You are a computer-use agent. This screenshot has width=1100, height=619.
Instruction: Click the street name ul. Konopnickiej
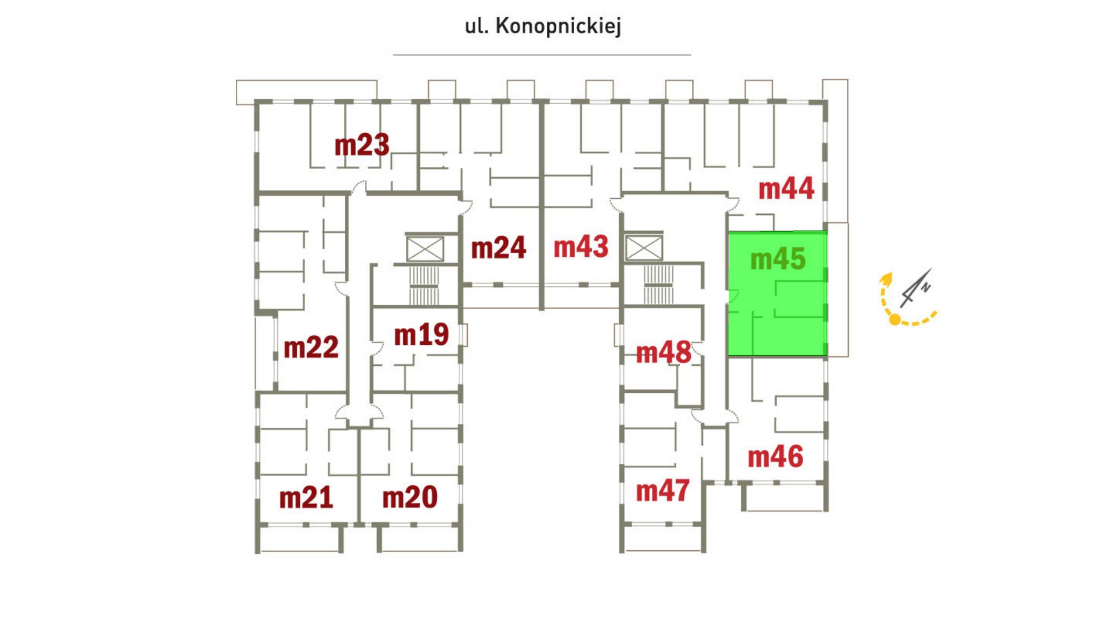point(542,26)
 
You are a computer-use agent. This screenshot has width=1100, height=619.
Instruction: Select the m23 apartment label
point(361,145)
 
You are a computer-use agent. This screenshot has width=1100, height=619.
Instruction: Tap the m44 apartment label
point(786,189)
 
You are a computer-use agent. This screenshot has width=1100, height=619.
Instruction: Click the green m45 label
point(778,260)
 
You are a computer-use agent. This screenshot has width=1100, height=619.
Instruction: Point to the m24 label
point(498,248)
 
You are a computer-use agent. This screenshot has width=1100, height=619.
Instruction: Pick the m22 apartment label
point(311,348)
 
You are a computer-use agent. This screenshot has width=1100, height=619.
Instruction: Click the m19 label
point(421,335)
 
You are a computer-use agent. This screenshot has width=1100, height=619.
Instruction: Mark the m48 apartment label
point(663,353)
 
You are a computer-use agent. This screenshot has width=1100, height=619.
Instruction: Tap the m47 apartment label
point(662,491)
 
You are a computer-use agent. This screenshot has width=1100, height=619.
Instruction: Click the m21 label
point(306,498)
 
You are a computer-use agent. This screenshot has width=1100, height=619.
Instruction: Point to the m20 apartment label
point(409,498)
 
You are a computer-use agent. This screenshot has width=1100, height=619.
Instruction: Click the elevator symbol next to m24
point(425,249)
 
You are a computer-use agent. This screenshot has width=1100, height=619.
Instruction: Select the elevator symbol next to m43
point(644,249)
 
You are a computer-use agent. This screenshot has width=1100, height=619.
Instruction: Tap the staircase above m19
point(424,286)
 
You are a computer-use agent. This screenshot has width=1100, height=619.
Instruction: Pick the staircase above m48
point(658,285)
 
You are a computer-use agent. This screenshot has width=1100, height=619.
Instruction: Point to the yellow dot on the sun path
point(895,320)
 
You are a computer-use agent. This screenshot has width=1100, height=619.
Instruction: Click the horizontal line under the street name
point(541,55)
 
